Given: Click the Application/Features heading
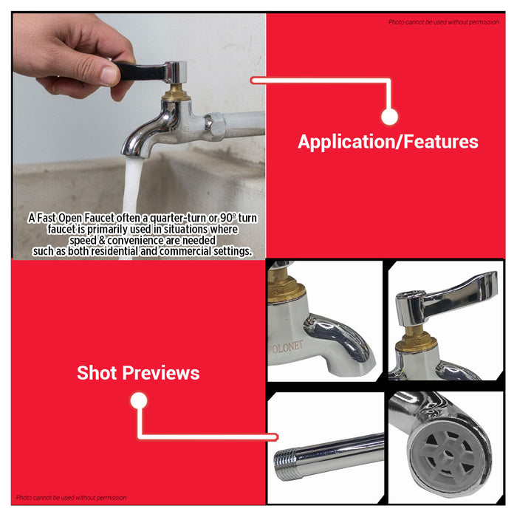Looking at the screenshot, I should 388,142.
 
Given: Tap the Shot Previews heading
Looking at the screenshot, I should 138,373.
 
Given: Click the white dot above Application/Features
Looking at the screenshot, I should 390,116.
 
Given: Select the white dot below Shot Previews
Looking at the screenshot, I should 138,401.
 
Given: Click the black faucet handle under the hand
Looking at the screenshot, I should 140,70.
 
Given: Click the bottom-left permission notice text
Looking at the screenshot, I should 72,498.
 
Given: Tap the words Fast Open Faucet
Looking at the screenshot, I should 72,219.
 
